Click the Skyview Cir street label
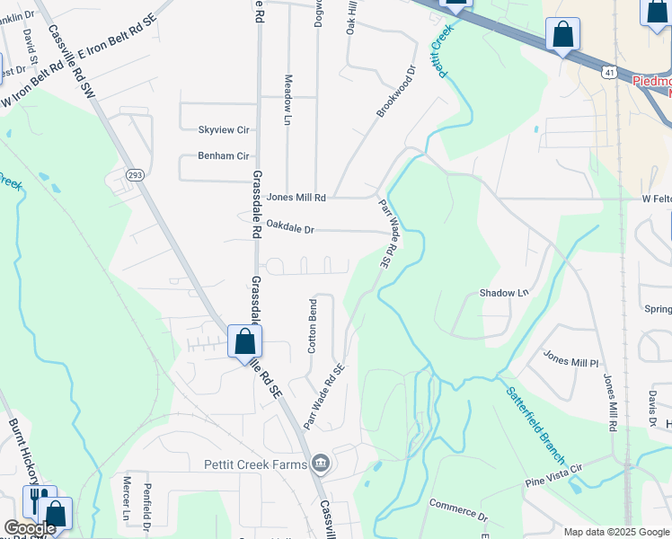click(x=224, y=130)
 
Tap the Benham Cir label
click(x=224, y=156)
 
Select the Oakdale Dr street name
click(x=290, y=230)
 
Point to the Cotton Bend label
click(x=314, y=326)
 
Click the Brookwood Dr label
click(x=397, y=90)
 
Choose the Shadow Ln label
click(x=504, y=293)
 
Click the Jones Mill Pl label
click(x=570, y=360)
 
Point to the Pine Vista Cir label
click(x=555, y=475)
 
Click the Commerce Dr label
click(x=457, y=511)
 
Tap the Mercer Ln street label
click(x=127, y=499)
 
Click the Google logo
click(x=30, y=528)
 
